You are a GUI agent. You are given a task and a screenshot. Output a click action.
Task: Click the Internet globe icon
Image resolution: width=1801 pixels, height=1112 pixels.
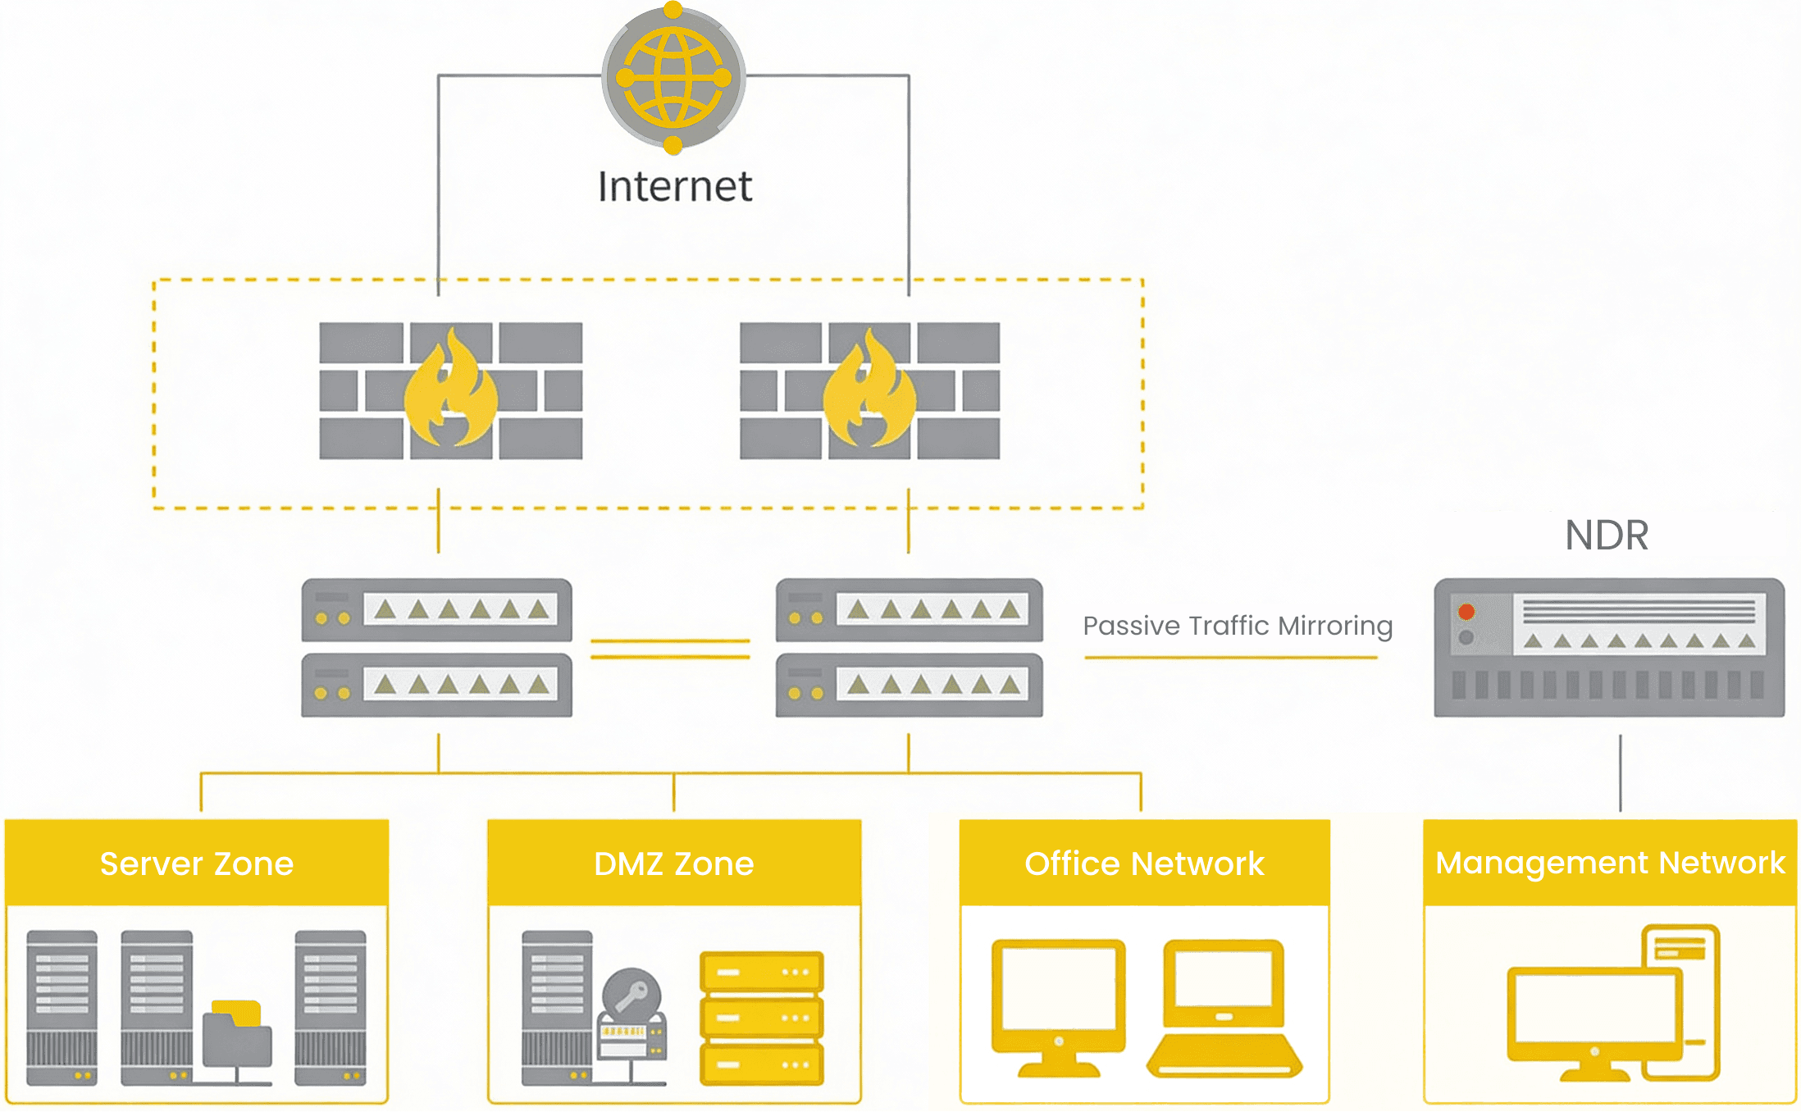tap(673, 78)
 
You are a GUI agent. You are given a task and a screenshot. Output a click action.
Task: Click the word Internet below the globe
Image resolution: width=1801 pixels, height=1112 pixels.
tap(674, 186)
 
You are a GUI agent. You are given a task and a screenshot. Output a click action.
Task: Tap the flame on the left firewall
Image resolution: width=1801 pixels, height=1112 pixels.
tap(450, 390)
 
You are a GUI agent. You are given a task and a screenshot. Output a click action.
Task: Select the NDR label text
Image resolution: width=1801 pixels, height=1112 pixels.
tap(1606, 535)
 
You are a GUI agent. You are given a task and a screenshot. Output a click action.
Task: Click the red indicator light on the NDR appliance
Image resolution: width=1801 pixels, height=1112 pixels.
tap(1466, 612)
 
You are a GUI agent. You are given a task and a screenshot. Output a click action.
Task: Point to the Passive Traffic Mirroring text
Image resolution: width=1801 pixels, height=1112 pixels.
tap(1237, 627)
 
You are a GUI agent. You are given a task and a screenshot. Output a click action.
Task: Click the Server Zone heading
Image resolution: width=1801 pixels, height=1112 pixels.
tap(197, 864)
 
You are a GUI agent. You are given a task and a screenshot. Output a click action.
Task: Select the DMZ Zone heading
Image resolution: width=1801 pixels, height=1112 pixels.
tap(673, 864)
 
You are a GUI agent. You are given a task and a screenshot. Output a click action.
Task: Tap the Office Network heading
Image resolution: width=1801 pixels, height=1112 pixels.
tap(1144, 864)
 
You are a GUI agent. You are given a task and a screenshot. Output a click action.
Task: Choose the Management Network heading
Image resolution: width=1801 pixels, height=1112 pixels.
tap(1610, 863)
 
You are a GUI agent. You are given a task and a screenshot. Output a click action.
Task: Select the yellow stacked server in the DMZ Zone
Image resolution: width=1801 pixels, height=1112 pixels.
tap(761, 1017)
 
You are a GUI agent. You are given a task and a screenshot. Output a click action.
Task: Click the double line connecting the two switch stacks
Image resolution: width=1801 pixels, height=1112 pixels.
tap(670, 649)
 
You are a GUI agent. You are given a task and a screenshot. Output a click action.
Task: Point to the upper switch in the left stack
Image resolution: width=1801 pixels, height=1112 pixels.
tap(436, 610)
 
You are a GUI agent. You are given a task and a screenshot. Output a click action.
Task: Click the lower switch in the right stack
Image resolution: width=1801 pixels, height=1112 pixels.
tap(909, 685)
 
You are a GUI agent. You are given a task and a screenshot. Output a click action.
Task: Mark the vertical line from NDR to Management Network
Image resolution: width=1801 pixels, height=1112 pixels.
tap(1620, 772)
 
